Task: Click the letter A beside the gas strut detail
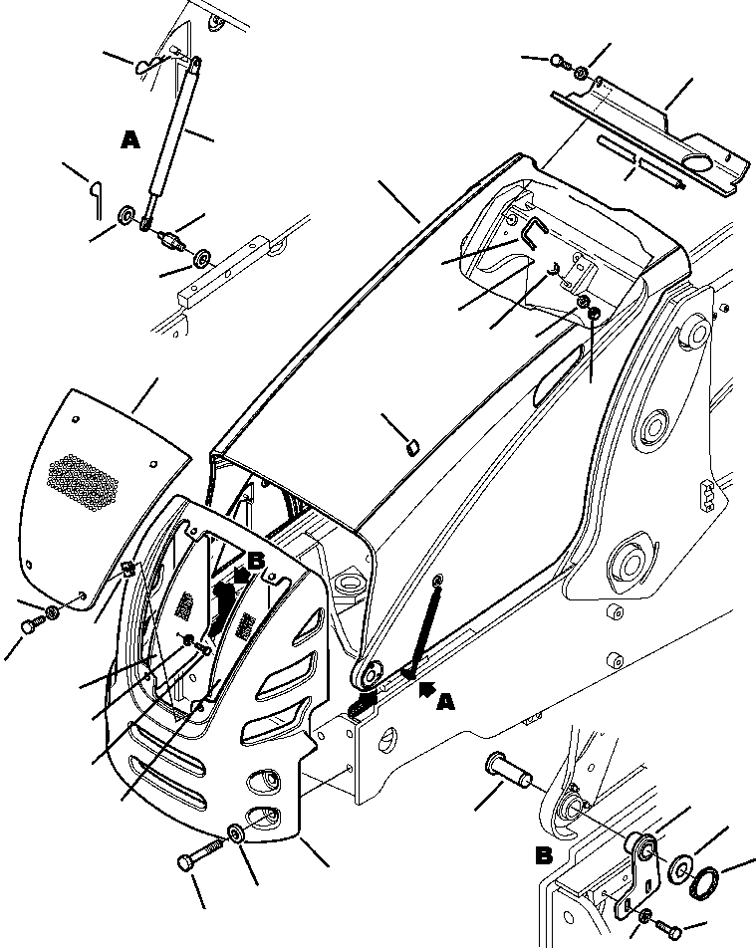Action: (129, 141)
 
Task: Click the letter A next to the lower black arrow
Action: (445, 703)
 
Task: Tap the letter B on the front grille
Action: (256, 563)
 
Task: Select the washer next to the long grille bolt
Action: (237, 833)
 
